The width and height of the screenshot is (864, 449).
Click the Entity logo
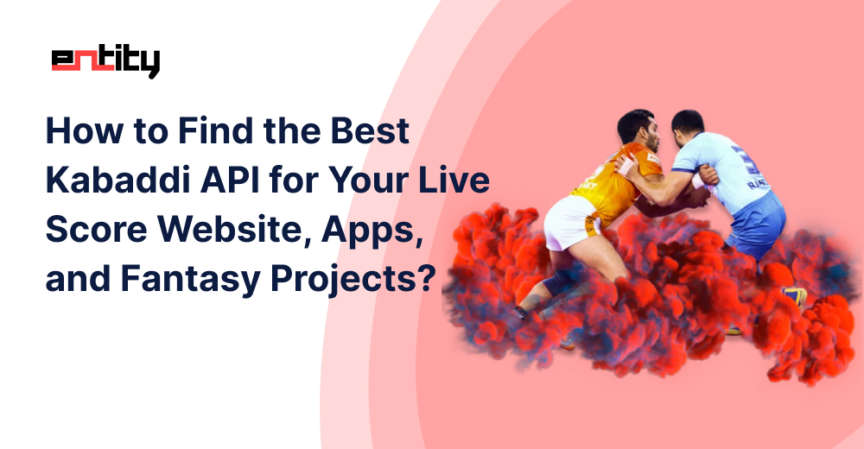point(105,61)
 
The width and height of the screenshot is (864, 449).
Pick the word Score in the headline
point(97,229)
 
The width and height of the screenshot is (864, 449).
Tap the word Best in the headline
point(370,130)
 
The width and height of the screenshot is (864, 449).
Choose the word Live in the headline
point(454,180)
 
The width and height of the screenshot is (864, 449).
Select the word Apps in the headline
point(372,231)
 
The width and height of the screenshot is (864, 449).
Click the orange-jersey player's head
point(638,130)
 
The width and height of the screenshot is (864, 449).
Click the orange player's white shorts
point(570,221)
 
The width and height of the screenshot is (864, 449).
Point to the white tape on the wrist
point(626,165)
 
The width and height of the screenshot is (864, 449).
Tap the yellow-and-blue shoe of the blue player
point(795,296)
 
